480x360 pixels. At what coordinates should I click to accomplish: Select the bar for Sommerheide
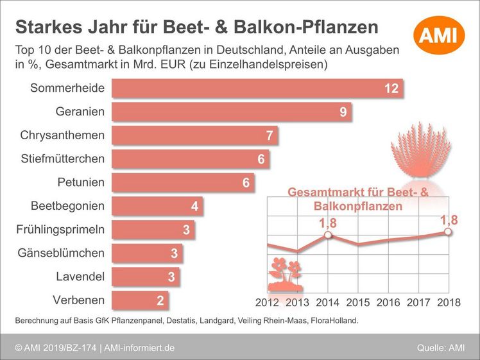click(x=257, y=88)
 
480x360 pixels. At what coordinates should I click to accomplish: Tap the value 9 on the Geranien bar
click(x=343, y=112)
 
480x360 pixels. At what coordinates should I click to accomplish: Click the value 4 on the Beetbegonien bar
click(x=194, y=207)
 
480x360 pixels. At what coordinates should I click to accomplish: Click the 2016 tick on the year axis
click(x=389, y=302)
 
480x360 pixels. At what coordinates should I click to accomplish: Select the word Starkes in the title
click(x=43, y=27)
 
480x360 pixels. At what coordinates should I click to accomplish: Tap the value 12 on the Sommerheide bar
click(x=391, y=89)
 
